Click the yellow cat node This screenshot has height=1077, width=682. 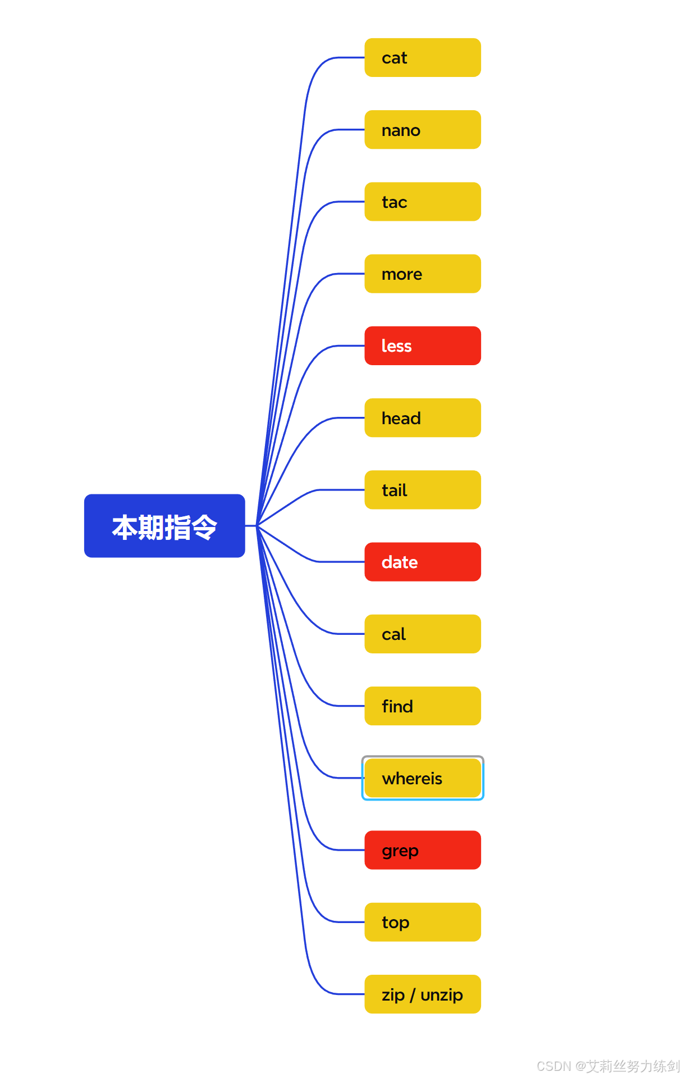[x=422, y=58]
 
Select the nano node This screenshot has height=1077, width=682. [x=422, y=130]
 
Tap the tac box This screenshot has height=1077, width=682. [x=422, y=202]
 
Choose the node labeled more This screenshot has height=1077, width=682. [x=422, y=274]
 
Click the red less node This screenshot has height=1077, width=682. [x=422, y=346]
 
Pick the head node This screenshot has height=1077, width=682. [x=422, y=418]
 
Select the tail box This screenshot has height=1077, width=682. [x=422, y=490]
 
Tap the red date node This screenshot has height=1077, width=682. [x=422, y=562]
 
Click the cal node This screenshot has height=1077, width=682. [x=422, y=634]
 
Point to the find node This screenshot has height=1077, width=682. [x=422, y=706]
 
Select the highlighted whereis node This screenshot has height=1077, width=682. [x=422, y=778]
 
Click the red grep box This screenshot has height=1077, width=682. [x=422, y=850]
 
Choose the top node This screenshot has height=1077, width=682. [x=422, y=922]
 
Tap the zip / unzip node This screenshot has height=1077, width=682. [x=422, y=994]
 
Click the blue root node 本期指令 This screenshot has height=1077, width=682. [x=164, y=526]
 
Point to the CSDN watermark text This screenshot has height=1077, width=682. [x=608, y=1066]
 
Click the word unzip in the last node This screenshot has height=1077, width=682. [x=442, y=995]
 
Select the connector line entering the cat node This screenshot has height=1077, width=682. [x=348, y=57]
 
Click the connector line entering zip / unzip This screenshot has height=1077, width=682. [x=348, y=994]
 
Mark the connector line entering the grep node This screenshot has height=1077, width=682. [x=348, y=850]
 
